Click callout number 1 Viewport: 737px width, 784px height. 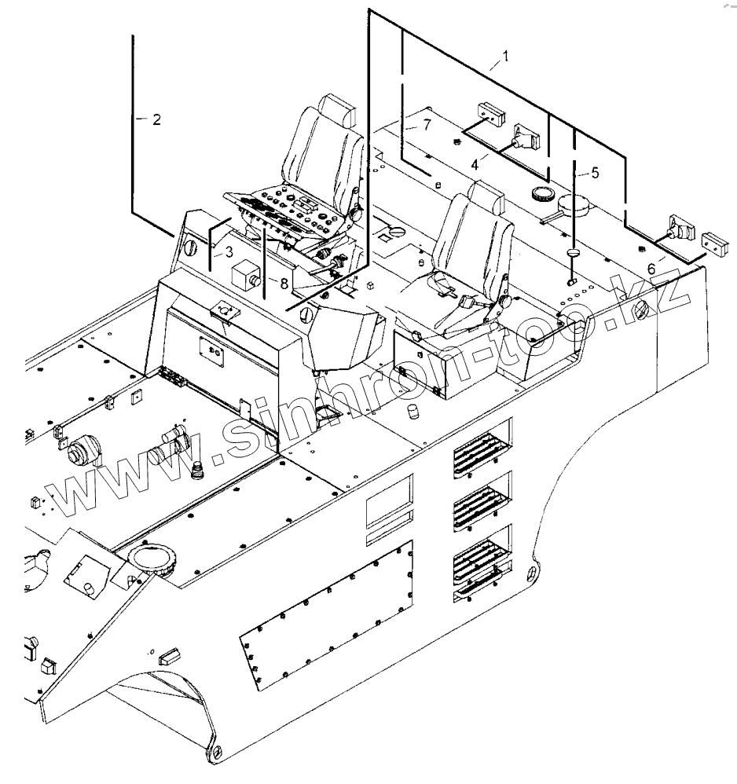[507, 57]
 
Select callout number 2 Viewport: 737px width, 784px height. [156, 119]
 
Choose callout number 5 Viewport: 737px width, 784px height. [595, 173]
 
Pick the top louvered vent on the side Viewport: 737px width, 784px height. [482, 450]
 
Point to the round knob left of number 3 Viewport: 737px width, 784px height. [190, 248]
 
